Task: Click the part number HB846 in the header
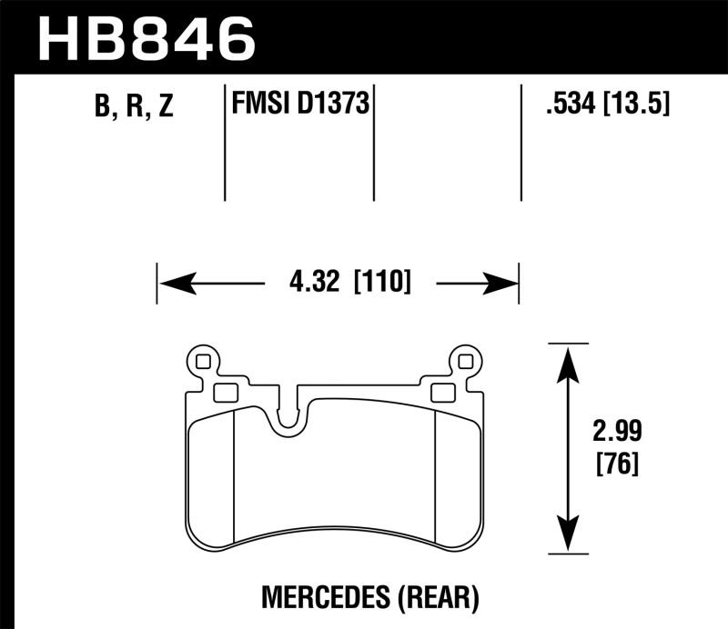tap(146, 36)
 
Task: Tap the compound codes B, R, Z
tap(133, 107)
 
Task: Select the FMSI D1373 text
tap(299, 105)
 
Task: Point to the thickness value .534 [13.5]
tap(605, 105)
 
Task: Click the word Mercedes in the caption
tap(315, 596)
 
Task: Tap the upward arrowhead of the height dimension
tap(568, 360)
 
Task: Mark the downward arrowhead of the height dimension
tap(568, 535)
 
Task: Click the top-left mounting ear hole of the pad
tap(202, 362)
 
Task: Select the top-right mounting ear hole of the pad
tap(467, 362)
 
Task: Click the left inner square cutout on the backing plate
tap(225, 393)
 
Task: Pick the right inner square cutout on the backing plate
tap(443, 393)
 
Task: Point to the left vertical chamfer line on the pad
tap(235, 473)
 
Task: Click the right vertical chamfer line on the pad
tap(436, 473)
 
